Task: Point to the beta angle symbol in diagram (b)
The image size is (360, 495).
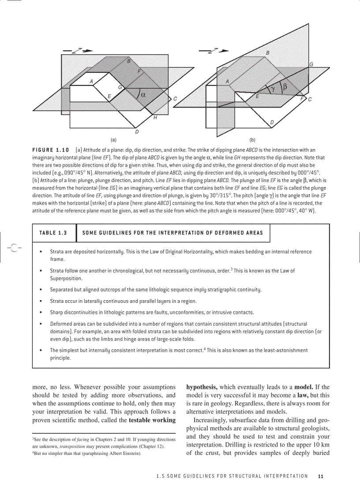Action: [285, 87]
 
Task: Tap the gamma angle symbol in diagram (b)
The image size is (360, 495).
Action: [274, 89]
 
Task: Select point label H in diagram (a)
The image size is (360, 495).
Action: [155, 118]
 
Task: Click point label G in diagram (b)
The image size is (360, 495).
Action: [311, 64]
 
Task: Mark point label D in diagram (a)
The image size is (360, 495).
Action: [137, 131]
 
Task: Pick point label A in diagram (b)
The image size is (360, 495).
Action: [228, 81]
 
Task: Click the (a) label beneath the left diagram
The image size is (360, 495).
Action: [113, 140]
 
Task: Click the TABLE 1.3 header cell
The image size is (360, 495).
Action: [53, 233]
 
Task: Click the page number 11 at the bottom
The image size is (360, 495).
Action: [321, 476]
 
